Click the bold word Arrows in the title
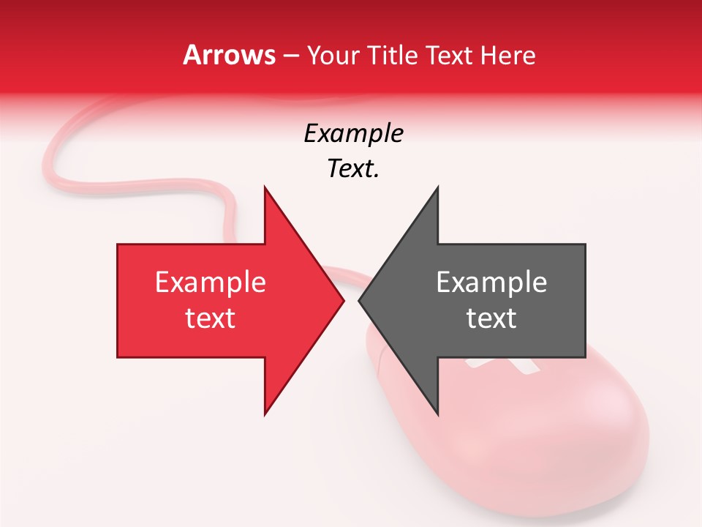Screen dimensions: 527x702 tap(230, 55)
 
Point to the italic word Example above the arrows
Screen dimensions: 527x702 tap(353, 134)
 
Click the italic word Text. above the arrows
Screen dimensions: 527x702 tap(353, 169)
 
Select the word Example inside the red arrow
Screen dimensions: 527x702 tap(211, 283)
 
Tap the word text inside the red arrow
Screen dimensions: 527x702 tap(211, 318)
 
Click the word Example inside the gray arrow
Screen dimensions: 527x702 tap(491, 283)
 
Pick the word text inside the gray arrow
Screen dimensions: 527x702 tap(491, 318)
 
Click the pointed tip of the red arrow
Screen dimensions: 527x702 tap(344, 300)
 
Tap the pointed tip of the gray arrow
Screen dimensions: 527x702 tap(359, 300)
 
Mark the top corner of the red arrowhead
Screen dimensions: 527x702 tap(265, 187)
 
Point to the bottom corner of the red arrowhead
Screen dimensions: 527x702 tap(265, 414)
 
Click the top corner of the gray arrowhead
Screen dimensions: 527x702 tap(437, 187)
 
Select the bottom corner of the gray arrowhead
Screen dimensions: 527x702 tap(437, 414)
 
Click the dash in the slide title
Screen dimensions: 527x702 tap(291, 56)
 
